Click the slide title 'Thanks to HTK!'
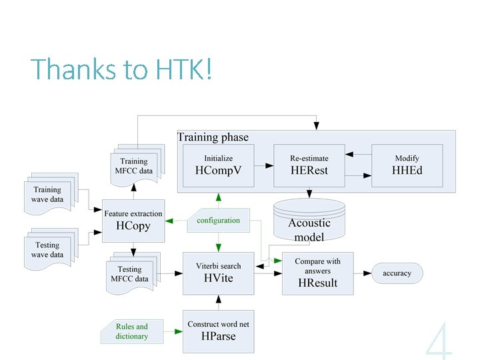click(x=121, y=70)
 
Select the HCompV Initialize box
click(x=219, y=165)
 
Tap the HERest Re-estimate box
click(x=309, y=165)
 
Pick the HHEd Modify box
click(x=407, y=165)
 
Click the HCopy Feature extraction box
click(x=133, y=221)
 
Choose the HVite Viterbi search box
click(x=219, y=273)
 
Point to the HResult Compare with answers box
click(x=317, y=273)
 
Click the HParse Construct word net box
click(x=219, y=331)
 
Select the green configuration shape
click(x=217, y=221)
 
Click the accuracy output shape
click(x=397, y=273)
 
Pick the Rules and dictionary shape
click(x=132, y=331)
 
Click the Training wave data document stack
click(x=48, y=193)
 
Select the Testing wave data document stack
click(x=48, y=249)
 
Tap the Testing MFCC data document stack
click(x=131, y=273)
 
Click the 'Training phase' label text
click(x=213, y=137)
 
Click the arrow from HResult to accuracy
click(x=363, y=273)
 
